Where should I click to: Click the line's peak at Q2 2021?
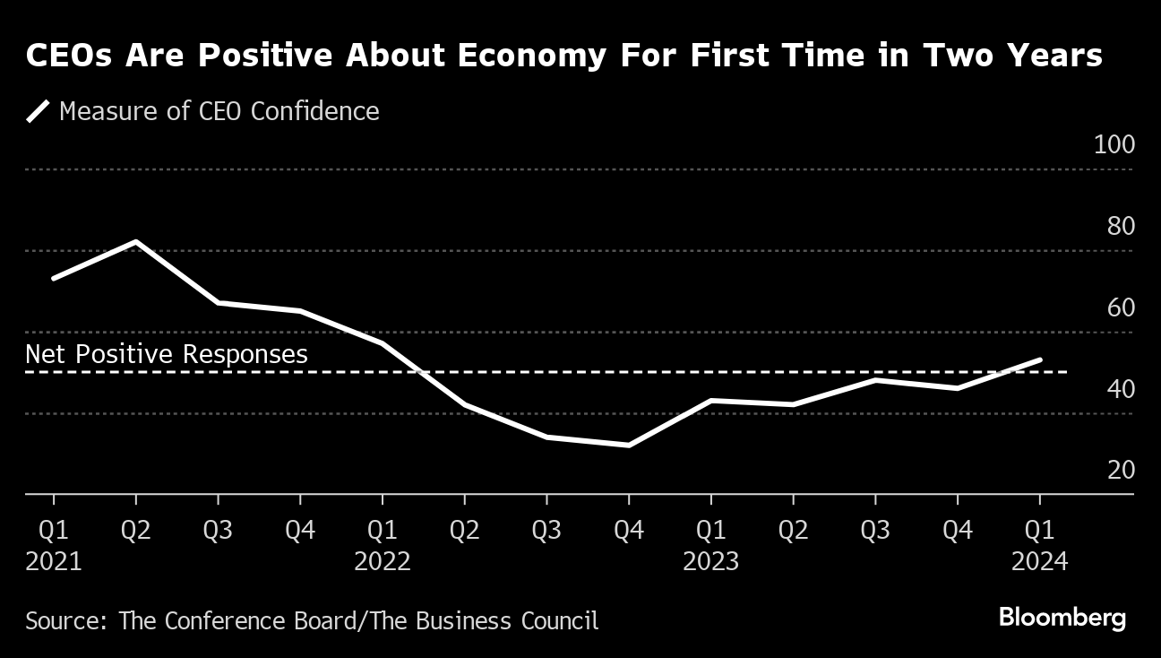tap(136, 241)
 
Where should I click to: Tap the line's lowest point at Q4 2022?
tap(629, 445)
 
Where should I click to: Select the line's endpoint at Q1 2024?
tap(1039, 360)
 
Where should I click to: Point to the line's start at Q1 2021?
tap(54, 278)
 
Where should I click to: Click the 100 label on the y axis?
tap(1114, 145)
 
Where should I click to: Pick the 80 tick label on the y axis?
tap(1121, 227)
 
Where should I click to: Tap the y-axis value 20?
tap(1121, 471)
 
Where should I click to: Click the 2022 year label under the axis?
tap(383, 562)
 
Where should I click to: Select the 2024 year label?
tap(1039, 562)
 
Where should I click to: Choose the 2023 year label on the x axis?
tap(711, 562)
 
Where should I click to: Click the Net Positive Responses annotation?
tap(167, 354)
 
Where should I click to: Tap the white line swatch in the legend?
tap(38, 112)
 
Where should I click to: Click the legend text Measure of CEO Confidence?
tap(219, 111)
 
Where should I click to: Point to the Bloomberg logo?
tap(1062, 618)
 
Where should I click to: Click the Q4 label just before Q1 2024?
tap(958, 530)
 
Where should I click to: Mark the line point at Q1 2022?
tap(383, 343)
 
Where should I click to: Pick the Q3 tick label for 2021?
tap(218, 530)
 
